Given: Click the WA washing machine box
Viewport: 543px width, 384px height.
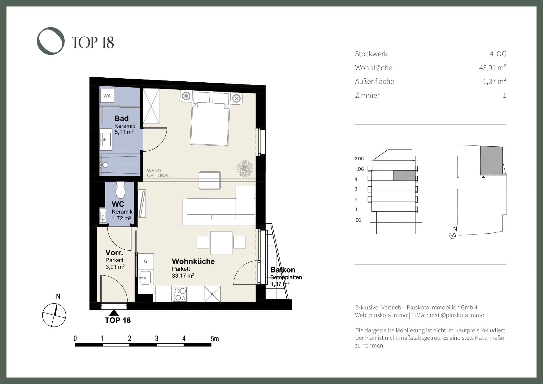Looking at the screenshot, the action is [x=107, y=96].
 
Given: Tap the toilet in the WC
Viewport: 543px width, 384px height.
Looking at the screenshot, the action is [x=120, y=190].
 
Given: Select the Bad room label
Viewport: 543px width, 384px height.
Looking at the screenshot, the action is [x=121, y=119].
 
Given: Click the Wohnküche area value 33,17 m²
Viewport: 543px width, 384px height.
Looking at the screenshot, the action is [x=183, y=275].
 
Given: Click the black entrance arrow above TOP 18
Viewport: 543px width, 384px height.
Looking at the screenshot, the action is [x=114, y=313].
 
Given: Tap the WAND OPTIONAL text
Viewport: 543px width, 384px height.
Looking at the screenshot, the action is [x=158, y=173].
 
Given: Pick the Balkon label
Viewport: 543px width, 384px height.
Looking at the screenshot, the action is [x=283, y=270].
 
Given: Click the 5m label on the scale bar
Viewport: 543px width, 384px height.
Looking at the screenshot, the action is [x=215, y=339].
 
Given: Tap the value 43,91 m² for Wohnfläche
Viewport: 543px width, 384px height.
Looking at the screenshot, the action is [x=493, y=67].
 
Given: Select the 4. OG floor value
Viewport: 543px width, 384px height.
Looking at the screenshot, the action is [x=498, y=54].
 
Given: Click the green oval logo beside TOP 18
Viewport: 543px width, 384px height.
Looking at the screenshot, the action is [x=51, y=41].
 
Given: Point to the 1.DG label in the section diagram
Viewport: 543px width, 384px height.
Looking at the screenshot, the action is [x=359, y=169].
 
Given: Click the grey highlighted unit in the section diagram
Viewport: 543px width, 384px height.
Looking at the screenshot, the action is [x=404, y=175].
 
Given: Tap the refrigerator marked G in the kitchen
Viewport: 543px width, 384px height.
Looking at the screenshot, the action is [x=146, y=261].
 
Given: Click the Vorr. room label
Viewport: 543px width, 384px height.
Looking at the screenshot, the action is [x=114, y=252].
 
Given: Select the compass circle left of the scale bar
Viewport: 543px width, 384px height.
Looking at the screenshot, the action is [x=54, y=315].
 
